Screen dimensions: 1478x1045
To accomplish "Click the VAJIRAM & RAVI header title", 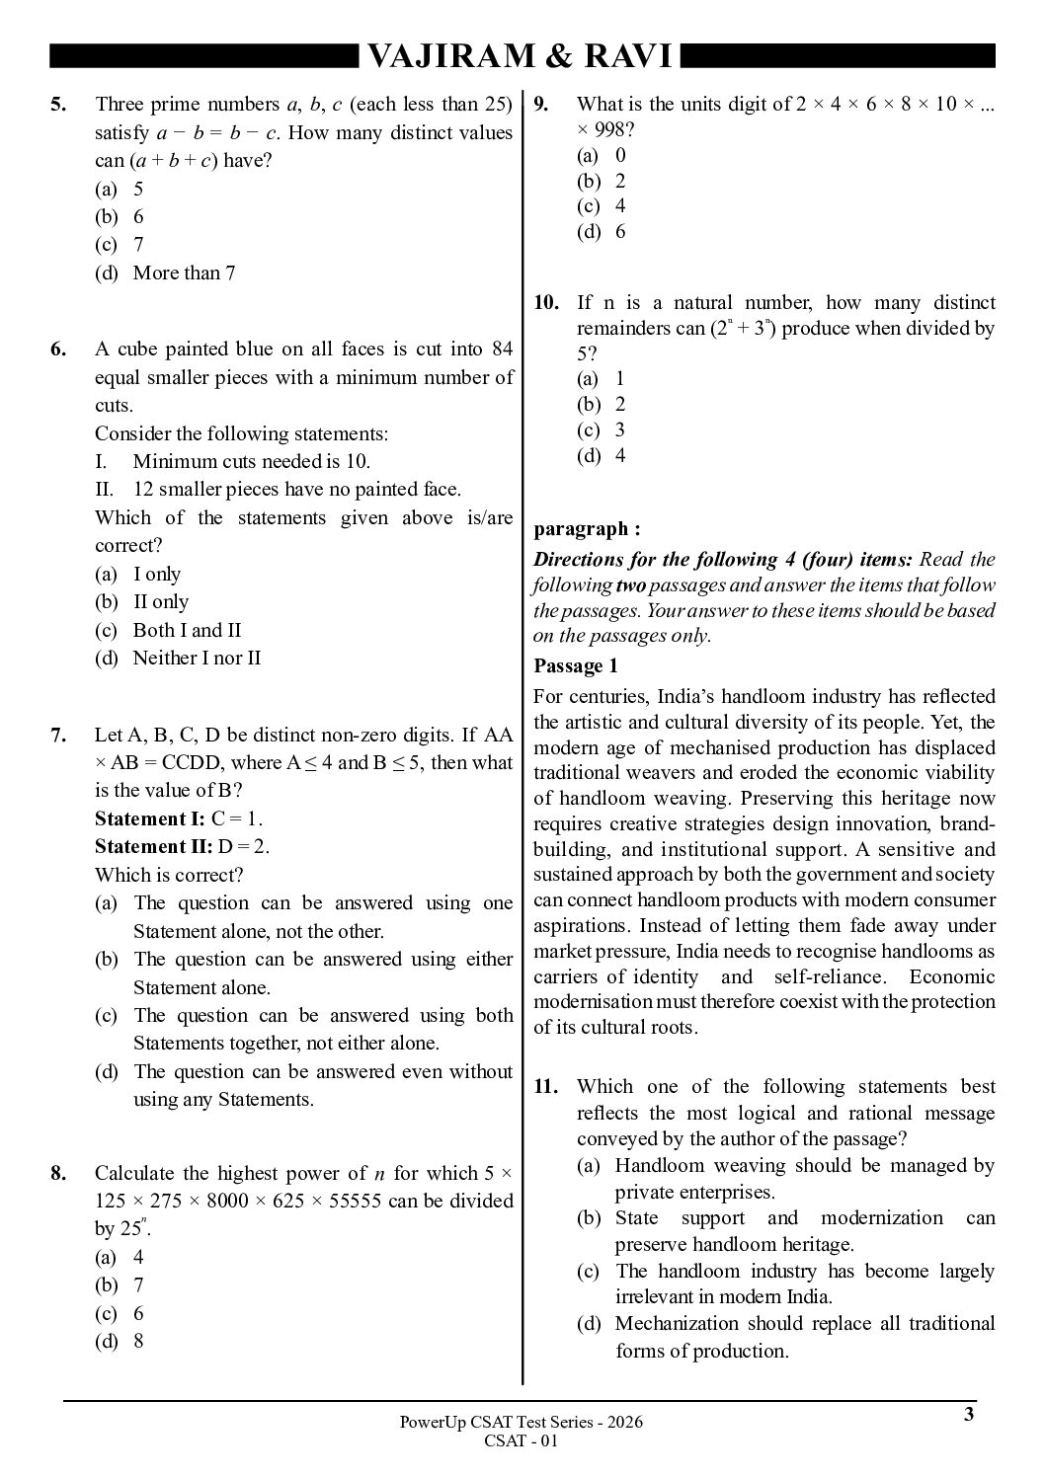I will pyautogui.click(x=520, y=57).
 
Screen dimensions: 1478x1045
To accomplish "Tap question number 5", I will pyautogui.click(x=58, y=105).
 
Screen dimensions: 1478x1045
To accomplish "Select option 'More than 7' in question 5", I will pyautogui.click(x=184, y=272).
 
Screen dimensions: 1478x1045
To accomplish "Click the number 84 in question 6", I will pyautogui.click(x=502, y=349).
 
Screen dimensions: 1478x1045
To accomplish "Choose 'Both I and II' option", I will pyautogui.click(x=187, y=630).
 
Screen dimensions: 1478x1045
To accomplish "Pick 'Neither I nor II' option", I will pyautogui.click(x=197, y=658).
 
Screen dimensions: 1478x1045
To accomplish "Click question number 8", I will pyautogui.click(x=58, y=1173).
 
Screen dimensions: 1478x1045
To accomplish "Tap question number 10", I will pyautogui.click(x=546, y=303).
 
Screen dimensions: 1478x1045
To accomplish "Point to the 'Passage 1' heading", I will pyautogui.click(x=575, y=665).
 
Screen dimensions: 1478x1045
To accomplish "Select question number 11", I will pyautogui.click(x=546, y=1087).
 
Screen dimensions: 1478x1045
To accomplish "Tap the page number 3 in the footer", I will pyautogui.click(x=969, y=1414).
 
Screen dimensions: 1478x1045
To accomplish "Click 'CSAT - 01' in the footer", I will pyautogui.click(x=522, y=1440).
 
